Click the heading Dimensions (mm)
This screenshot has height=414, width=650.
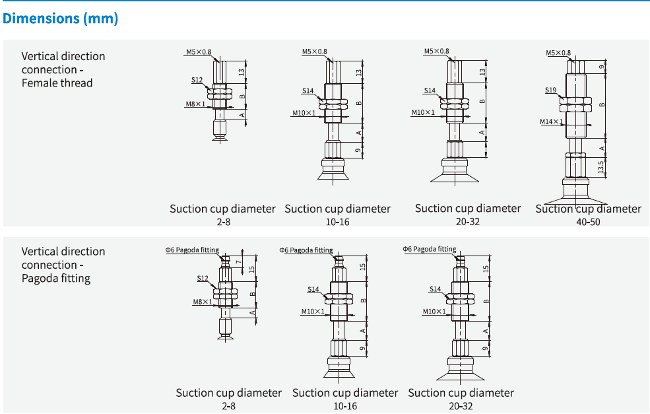(x=60, y=18)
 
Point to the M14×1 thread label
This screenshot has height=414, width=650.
(x=551, y=121)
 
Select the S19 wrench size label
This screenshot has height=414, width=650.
(x=551, y=89)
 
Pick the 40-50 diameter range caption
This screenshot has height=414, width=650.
(x=588, y=222)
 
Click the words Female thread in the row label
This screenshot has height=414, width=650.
(x=57, y=83)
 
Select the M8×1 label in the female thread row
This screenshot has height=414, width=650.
(x=195, y=104)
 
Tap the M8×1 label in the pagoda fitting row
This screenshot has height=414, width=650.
(x=202, y=302)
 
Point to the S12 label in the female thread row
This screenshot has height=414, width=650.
(x=197, y=80)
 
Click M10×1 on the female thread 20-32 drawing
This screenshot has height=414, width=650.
(x=423, y=112)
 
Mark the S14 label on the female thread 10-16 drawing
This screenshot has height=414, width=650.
(x=309, y=90)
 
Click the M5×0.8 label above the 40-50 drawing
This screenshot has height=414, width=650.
(x=558, y=53)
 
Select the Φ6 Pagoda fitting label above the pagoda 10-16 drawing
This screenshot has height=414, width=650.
(x=306, y=250)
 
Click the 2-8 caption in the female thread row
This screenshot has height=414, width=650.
(x=222, y=222)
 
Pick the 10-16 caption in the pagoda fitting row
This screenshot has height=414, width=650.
(x=345, y=406)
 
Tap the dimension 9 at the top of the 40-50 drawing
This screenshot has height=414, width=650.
(x=601, y=67)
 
